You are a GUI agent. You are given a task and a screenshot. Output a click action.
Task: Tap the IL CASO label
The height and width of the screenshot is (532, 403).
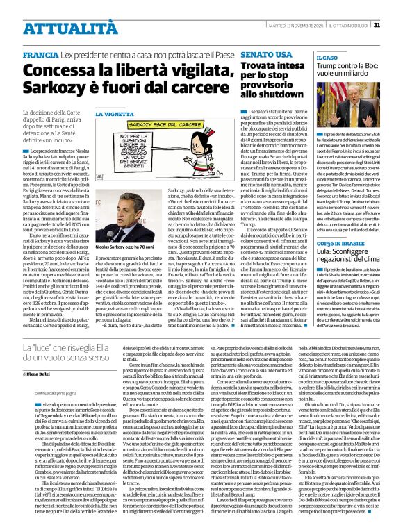(327, 58)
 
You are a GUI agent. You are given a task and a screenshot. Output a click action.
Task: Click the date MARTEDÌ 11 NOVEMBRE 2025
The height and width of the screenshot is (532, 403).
(297, 26)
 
